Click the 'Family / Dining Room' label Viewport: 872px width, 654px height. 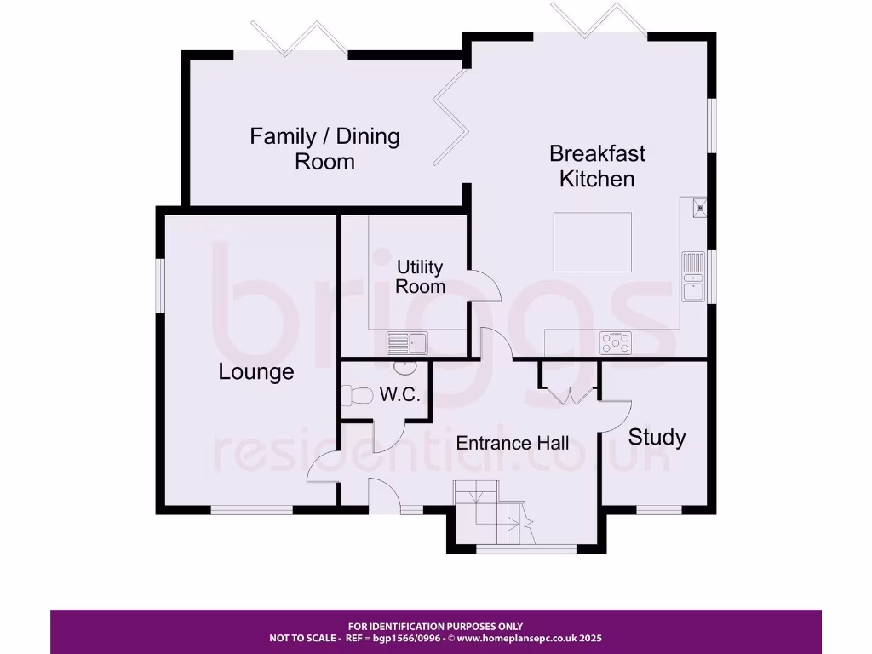click(x=324, y=148)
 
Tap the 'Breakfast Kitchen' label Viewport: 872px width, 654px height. click(x=597, y=166)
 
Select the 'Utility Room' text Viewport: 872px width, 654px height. click(x=420, y=277)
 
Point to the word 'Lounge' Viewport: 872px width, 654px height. click(x=256, y=372)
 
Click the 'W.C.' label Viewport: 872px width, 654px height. click(x=399, y=395)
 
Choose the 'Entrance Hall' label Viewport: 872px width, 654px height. click(x=513, y=443)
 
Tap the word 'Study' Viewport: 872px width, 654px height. click(x=657, y=437)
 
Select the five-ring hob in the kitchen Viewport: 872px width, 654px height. click(x=617, y=342)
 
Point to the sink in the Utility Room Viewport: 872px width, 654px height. click(x=407, y=342)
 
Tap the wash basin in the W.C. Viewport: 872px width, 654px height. click(x=405, y=367)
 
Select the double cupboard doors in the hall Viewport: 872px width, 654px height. click(x=569, y=395)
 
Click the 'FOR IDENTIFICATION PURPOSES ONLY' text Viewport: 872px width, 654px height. click(x=435, y=626)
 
